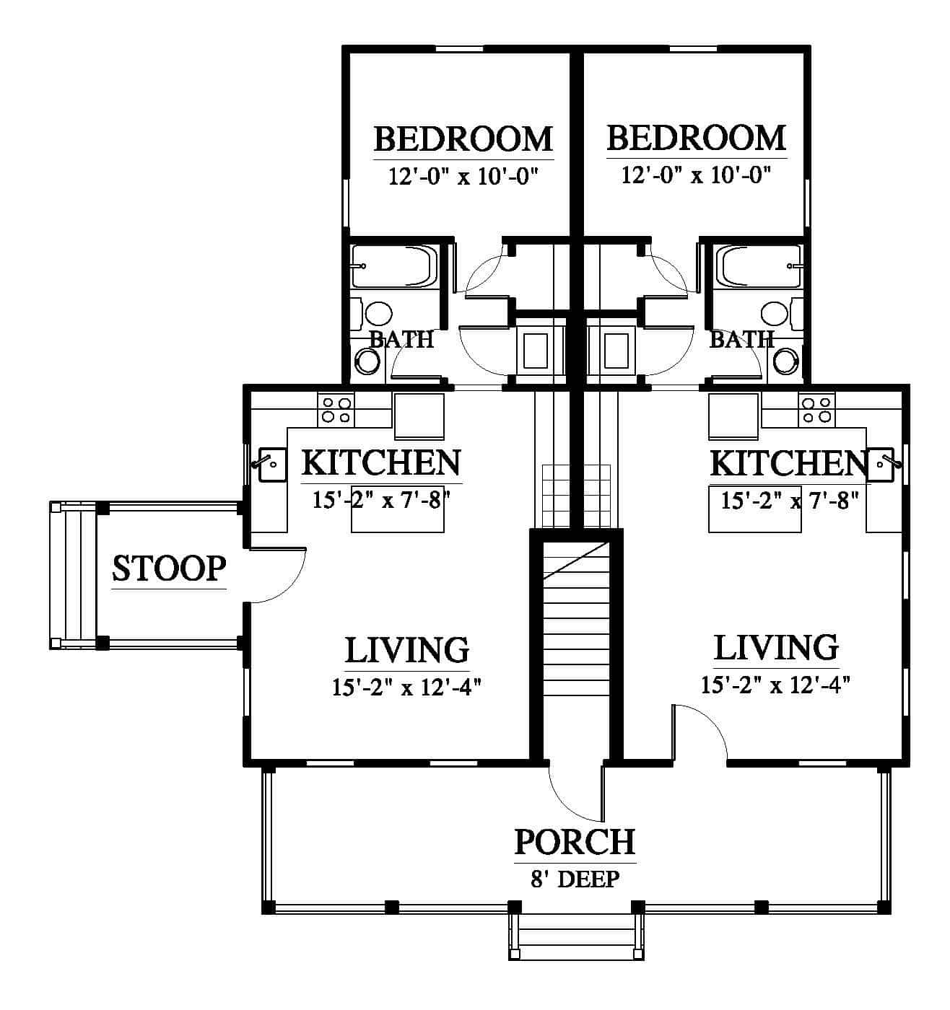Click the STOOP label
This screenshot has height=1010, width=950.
[x=168, y=568]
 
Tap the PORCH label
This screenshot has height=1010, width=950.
[x=575, y=842]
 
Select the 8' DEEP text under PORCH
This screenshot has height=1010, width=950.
[x=575, y=879]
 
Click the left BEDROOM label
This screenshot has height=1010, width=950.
[x=463, y=139]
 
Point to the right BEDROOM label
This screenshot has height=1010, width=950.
[x=697, y=138]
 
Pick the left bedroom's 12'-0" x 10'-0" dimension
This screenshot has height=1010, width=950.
[x=463, y=177]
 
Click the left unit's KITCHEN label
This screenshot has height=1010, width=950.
[x=381, y=462]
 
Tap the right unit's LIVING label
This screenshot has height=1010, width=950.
[x=777, y=647]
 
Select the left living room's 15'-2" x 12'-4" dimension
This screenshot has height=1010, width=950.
[x=406, y=688]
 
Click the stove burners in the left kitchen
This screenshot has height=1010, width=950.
[x=336, y=410]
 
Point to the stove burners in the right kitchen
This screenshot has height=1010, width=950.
[x=816, y=410]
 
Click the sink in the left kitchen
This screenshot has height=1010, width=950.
[x=272, y=464]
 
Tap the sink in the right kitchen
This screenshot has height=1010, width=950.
[x=880, y=464]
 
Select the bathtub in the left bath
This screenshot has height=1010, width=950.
[x=394, y=266]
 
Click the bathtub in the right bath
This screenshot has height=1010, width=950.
[x=759, y=266]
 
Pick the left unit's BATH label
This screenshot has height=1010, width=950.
[x=401, y=339]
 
